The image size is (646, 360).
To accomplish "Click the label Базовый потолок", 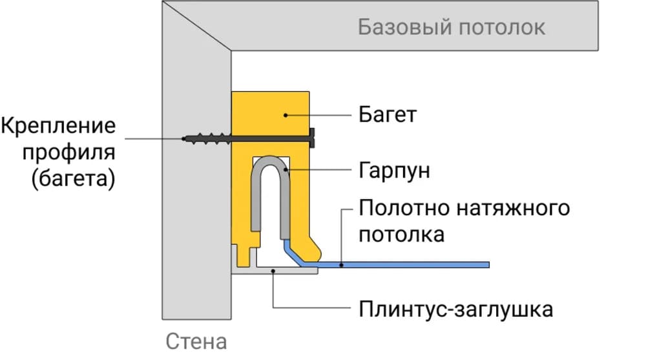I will pos(452,28).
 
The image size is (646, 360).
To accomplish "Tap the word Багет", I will pos(388,115).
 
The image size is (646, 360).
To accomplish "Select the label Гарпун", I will pos(394,171).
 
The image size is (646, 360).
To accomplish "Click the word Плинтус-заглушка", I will pos(455,309).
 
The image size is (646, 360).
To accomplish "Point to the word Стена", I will pos(196,341).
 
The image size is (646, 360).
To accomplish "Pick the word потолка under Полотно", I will pos(401,234).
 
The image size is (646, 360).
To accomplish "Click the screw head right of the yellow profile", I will pos(314,138).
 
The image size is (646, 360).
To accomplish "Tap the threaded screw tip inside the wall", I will pos(197,138).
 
